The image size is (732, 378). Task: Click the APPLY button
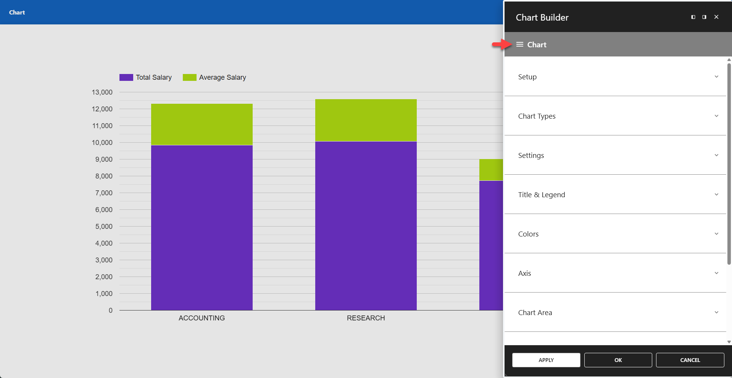click(x=546, y=360)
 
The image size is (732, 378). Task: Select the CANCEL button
click(x=690, y=360)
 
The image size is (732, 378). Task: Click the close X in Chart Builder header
click(x=716, y=17)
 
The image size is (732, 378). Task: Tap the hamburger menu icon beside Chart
click(x=519, y=45)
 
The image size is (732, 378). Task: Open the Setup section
click(x=527, y=77)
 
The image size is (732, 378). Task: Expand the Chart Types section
click(x=537, y=116)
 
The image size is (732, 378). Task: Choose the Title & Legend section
click(x=541, y=195)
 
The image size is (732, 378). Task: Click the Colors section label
click(x=528, y=234)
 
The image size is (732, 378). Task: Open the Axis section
click(x=524, y=273)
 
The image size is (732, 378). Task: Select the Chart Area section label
click(x=535, y=312)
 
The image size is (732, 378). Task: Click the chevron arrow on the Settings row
click(x=716, y=155)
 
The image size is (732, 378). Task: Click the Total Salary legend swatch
click(x=126, y=77)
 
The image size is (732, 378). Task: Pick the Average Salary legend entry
click(x=222, y=77)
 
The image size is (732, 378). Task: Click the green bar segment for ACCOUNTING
click(x=202, y=124)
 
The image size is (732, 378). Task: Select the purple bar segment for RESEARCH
click(x=366, y=225)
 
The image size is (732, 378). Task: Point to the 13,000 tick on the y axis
click(x=102, y=92)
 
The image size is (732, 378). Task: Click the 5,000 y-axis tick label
click(x=104, y=227)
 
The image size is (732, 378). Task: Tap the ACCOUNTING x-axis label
click(x=202, y=318)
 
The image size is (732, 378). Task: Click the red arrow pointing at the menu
click(x=501, y=45)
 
